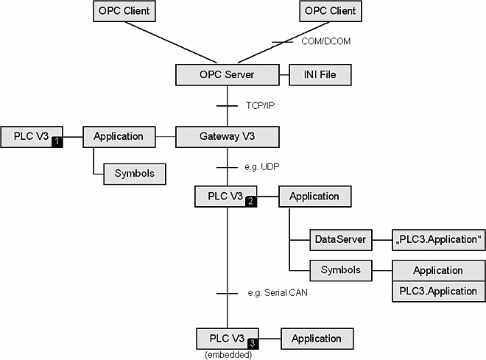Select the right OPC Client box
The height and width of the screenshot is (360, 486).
[329, 11]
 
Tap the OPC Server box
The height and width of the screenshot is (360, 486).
[228, 74]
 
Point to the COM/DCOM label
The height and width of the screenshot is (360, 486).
[326, 41]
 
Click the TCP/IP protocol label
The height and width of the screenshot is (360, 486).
[261, 105]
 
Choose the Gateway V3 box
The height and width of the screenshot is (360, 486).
[228, 136]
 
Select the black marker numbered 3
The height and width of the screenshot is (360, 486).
[253, 342]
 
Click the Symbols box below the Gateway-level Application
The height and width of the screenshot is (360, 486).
[133, 174]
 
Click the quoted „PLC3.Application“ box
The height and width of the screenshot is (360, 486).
[437, 239]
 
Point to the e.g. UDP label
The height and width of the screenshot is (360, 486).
[261, 168]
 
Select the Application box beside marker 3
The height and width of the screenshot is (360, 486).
[316, 339]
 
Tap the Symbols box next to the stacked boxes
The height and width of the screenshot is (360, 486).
[340, 270]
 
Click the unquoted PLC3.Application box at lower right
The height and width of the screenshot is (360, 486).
[437, 291]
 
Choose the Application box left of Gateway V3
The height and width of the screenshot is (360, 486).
[119, 136]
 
